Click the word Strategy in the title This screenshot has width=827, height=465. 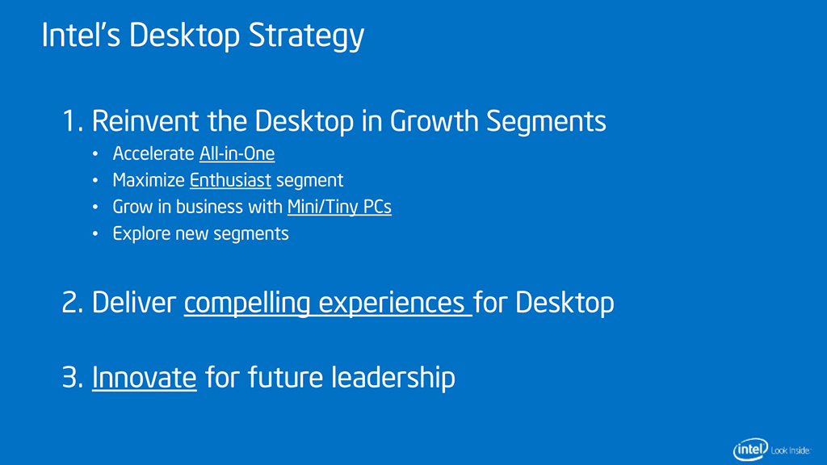click(306, 36)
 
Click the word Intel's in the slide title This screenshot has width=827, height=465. click(82, 35)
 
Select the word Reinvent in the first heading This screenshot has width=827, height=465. click(145, 121)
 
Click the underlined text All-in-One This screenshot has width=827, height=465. click(237, 153)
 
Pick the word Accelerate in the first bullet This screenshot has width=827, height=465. click(153, 153)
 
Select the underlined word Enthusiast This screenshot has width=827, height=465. click(230, 180)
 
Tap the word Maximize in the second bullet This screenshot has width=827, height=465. click(149, 180)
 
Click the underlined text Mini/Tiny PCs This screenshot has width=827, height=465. click(339, 207)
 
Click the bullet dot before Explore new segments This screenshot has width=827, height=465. click(95, 233)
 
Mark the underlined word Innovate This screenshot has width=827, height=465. click(145, 378)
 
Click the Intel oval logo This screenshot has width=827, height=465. click(750, 450)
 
